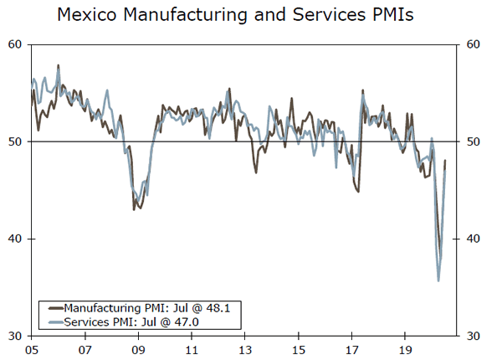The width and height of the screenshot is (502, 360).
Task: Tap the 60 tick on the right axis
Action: pos(472,44)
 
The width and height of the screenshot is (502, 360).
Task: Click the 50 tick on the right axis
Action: pos(472,141)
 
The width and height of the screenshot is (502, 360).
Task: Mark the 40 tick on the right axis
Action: pos(472,239)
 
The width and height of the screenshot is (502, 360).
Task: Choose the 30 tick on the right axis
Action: pos(472,336)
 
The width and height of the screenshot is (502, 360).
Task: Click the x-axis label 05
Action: pos(32,350)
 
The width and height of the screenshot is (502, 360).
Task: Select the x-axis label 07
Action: pos(85,350)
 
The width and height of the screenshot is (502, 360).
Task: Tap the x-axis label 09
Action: pos(138,350)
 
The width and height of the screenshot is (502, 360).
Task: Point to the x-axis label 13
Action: pos(245,350)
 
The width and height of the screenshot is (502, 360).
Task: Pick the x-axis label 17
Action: pos(351,350)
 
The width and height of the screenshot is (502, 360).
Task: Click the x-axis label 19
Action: pos(405,350)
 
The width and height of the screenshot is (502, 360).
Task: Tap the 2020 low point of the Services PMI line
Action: pos(438,280)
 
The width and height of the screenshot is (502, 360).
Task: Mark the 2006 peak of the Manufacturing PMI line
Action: pos(58,65)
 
